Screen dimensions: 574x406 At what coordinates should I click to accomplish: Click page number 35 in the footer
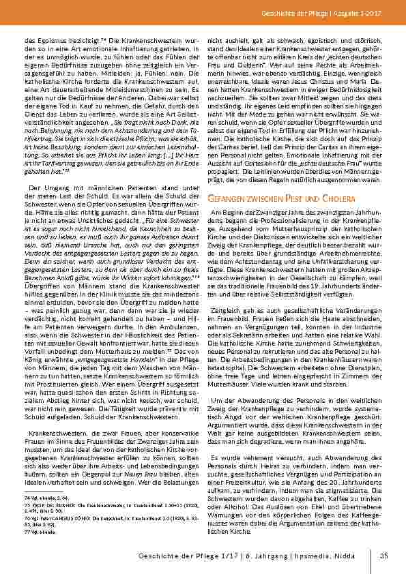[x=383, y=556]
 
